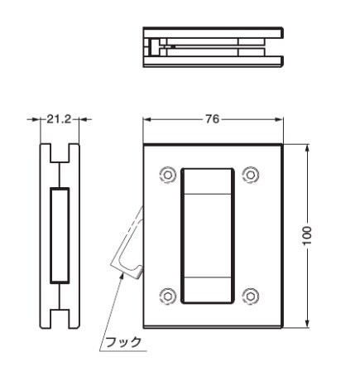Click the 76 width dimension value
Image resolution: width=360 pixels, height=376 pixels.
214,119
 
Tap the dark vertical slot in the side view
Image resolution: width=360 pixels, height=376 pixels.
58,236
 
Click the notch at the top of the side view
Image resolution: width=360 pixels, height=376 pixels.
58,153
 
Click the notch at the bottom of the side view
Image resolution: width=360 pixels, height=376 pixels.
58,317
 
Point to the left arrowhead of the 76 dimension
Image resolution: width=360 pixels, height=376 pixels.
146,119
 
